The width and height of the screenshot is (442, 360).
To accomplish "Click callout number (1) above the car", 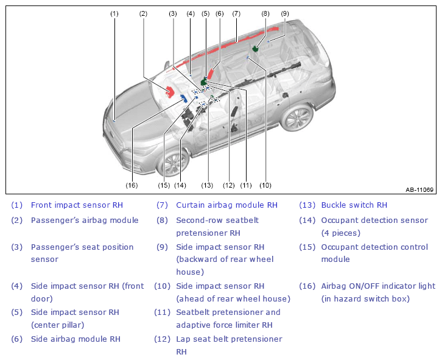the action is point(114,13).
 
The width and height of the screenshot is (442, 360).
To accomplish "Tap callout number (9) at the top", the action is point(285,13).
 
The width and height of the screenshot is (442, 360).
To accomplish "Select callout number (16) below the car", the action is point(132,185).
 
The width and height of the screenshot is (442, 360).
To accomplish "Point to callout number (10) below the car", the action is point(265,185).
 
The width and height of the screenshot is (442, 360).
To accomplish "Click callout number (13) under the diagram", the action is point(207,185).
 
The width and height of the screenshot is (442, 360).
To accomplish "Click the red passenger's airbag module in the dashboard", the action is point(170,92).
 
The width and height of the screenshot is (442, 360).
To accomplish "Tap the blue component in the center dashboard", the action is point(184,98).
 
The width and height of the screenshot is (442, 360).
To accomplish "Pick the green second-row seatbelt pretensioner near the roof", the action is point(256,49).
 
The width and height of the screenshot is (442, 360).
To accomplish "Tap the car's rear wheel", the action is point(297,118).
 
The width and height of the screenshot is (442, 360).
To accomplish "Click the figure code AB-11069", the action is point(419,190).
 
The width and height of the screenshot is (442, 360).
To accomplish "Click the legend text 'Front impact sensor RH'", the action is point(77,205).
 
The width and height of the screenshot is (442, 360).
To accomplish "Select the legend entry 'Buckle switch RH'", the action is point(354,205).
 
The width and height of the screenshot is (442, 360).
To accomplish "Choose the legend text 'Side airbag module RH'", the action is point(75,339).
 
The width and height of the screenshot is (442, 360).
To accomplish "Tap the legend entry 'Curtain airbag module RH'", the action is point(226,205).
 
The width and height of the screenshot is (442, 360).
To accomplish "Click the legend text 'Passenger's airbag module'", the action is point(85,221).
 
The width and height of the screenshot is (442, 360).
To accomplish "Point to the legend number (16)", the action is point(307,286).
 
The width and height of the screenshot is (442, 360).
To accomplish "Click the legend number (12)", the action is point(162,339).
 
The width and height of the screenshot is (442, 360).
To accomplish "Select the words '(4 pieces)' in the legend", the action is point(341,233).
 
